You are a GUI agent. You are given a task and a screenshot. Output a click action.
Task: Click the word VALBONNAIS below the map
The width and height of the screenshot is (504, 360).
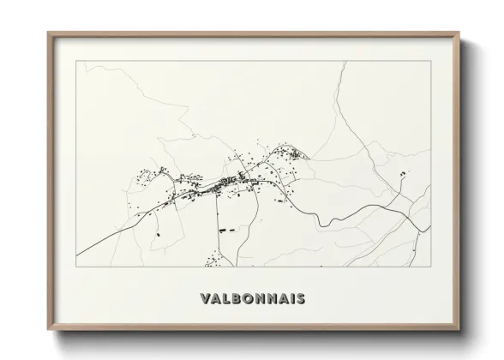pos(252,299)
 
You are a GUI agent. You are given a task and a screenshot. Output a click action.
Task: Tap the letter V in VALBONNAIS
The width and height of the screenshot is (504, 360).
pos(204,299)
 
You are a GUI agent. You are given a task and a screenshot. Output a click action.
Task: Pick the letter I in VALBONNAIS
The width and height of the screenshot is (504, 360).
pos(289,299)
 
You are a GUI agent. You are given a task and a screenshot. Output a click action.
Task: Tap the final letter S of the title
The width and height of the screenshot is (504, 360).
pos(299,299)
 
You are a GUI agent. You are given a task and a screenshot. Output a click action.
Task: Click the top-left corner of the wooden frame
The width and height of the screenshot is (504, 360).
pos(48,33)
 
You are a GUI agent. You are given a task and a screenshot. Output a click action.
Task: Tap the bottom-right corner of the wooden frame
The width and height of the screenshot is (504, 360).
pos(460,330)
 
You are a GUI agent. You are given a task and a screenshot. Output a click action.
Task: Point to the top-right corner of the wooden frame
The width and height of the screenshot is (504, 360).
pos(460,33)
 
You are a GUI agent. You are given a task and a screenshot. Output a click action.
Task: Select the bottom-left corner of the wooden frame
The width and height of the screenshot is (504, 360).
pos(48,330)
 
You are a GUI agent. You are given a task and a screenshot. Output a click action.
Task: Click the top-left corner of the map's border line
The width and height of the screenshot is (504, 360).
pos(77,61)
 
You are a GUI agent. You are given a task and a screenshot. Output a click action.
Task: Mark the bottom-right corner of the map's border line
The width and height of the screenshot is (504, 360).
pos(431,267)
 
